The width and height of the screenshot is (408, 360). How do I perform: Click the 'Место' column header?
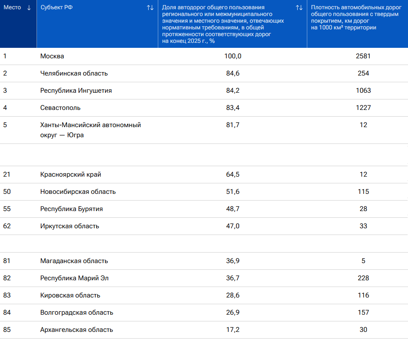[x=12, y=7]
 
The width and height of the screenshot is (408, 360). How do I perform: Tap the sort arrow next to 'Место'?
[x=29, y=8]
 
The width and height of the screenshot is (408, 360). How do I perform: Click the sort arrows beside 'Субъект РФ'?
[x=150, y=8]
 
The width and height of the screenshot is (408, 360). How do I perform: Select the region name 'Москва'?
[x=52, y=56]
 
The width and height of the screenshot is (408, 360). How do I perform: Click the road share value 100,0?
[x=233, y=56]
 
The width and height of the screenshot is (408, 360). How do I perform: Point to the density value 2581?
[x=363, y=56]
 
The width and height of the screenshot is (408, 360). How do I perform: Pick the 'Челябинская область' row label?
[x=74, y=73]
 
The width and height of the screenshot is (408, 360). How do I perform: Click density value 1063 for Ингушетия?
[x=363, y=91]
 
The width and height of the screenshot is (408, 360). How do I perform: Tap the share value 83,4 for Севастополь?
[x=233, y=108]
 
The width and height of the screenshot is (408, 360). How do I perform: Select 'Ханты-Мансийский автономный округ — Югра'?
[x=91, y=130]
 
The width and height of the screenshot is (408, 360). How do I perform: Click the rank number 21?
[x=6, y=174]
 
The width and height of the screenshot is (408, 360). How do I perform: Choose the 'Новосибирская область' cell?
[x=78, y=192]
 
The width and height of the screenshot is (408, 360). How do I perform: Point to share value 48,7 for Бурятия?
[x=233, y=209]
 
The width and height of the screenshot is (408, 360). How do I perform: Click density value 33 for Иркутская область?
[x=363, y=226]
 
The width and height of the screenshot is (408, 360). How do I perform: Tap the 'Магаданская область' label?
[x=74, y=261]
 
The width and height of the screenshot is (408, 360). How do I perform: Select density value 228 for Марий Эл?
[x=363, y=278]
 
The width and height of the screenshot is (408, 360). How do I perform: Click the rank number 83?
[x=7, y=295]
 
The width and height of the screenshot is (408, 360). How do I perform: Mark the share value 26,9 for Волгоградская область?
[x=233, y=313]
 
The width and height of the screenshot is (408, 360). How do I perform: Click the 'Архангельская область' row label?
[x=76, y=330]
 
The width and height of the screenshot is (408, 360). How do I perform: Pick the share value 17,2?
[x=233, y=329]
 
